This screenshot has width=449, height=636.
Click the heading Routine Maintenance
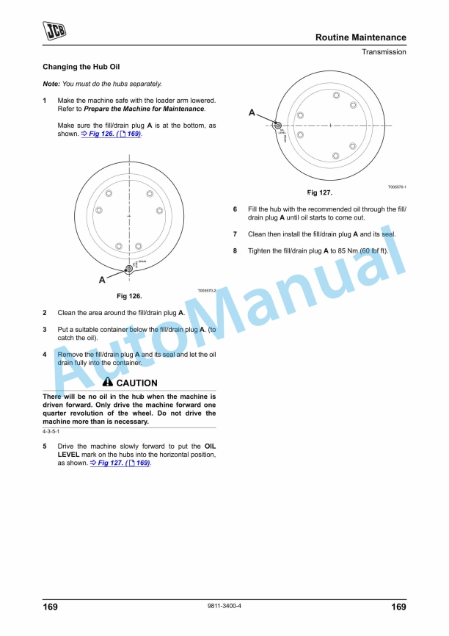tap(360, 37)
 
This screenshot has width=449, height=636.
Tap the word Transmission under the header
tap(383, 52)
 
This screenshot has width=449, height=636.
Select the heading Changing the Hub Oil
tap(76, 67)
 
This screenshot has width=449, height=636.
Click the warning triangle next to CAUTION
tap(108, 383)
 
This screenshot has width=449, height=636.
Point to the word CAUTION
tap(136, 383)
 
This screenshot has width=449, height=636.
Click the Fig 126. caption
tap(129, 296)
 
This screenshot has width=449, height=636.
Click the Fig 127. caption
tap(320, 192)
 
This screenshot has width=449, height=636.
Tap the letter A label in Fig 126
tap(102, 280)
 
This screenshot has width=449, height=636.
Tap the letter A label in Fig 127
tap(252, 112)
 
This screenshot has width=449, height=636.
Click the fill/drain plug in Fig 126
tap(129, 268)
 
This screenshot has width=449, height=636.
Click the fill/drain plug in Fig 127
tap(278, 126)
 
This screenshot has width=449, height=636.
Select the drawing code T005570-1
tap(397, 187)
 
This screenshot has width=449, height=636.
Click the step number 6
tap(235, 209)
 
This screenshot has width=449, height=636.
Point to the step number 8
tap(235, 250)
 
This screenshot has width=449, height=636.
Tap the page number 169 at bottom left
tap(51, 607)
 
